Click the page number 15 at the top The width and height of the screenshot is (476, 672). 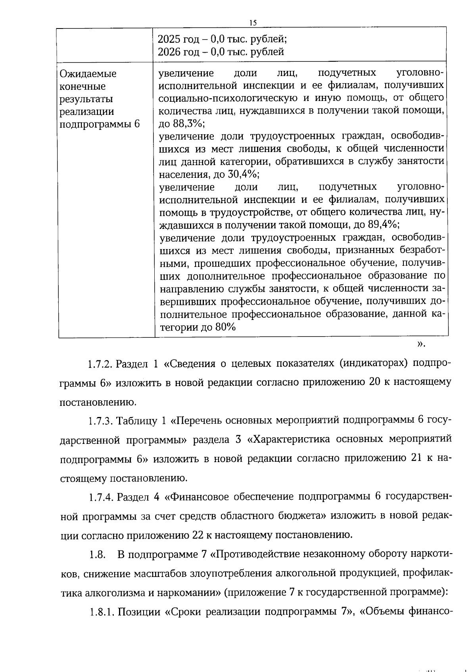click(x=253, y=23)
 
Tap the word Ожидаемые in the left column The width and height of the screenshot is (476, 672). click(x=88, y=74)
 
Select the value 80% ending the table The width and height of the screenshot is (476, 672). click(x=225, y=327)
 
